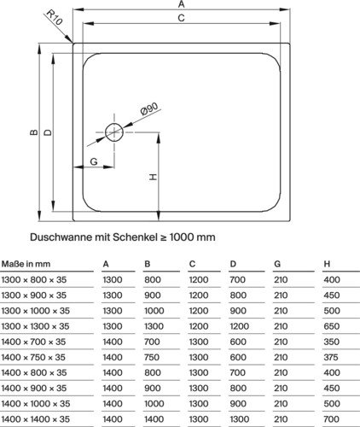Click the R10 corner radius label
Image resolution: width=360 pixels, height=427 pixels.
point(54,17)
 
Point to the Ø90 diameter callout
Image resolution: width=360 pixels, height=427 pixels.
point(149,108)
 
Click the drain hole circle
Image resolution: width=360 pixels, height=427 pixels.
point(114,132)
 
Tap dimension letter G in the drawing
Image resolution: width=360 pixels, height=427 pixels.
point(94,161)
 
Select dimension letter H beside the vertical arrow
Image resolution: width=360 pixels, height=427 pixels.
point(153,177)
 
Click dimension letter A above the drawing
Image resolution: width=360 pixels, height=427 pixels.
point(182,4)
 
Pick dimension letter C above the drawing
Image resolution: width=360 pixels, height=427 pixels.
point(181,18)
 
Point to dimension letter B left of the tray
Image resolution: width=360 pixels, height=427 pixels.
point(34,132)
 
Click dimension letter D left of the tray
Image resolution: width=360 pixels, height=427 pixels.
point(49,132)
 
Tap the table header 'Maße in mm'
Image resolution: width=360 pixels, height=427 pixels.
point(26,264)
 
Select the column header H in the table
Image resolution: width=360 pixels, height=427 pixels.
point(327,264)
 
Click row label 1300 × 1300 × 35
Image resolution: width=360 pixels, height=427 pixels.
point(35,326)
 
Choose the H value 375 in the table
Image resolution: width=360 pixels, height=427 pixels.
point(331,357)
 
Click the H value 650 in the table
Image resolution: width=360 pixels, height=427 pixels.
point(332,326)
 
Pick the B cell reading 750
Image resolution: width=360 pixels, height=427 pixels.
point(152,357)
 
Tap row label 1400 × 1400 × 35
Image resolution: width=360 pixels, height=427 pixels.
point(36,419)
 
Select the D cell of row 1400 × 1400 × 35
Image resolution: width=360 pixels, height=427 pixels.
point(240,419)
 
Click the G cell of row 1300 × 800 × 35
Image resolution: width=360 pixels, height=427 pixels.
point(281,280)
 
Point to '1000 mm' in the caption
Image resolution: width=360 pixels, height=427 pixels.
point(192,237)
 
